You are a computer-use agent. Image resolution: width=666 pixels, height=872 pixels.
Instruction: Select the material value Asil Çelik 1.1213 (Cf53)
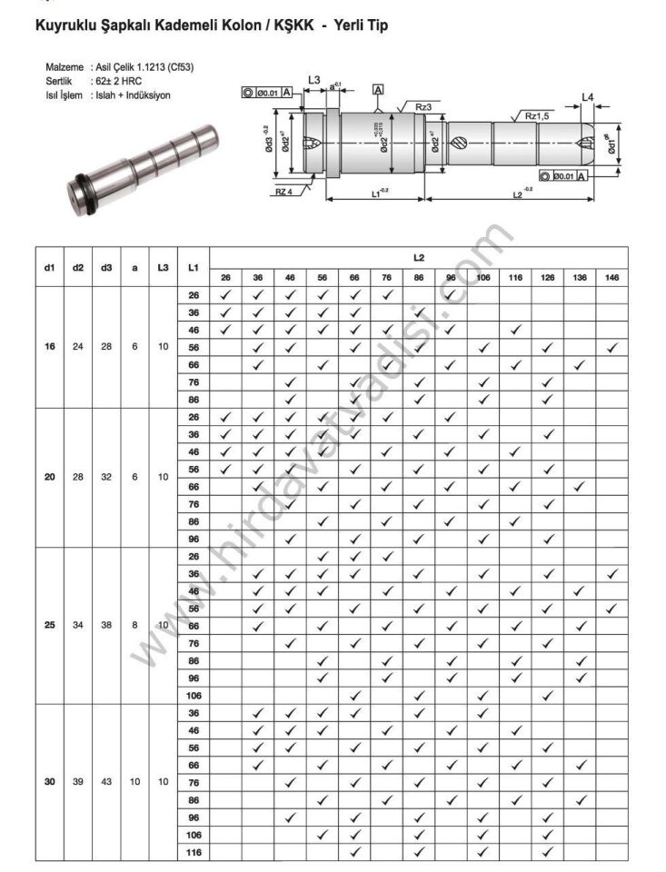[x=143, y=67]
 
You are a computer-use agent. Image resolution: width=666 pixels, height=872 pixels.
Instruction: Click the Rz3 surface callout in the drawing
[x=423, y=107]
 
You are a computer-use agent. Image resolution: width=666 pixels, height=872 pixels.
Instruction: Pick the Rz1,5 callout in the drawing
[x=537, y=116]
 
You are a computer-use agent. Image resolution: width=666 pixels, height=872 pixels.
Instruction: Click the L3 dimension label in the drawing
[x=313, y=80]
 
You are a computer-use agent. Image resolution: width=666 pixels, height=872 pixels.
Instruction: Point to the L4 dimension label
[x=588, y=96]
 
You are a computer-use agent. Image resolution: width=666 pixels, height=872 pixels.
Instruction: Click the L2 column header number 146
[x=611, y=277]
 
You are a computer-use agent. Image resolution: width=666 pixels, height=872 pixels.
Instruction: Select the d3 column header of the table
[x=106, y=267]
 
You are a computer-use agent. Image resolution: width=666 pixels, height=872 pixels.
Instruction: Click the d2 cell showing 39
[x=78, y=781]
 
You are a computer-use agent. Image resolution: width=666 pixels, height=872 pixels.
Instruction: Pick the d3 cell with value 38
[x=106, y=625]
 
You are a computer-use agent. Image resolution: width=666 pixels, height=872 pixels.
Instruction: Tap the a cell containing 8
[x=134, y=625]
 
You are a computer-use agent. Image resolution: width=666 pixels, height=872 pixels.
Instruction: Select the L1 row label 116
[x=193, y=852]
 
